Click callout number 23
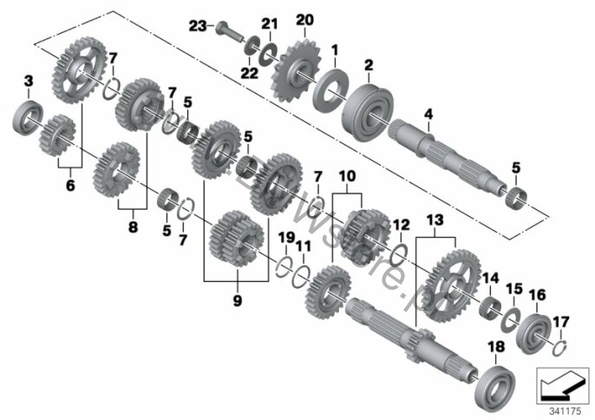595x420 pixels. tap(199, 27)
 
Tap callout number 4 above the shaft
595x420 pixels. tap(428, 114)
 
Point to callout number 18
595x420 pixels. tap(496, 347)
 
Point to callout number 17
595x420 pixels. tap(561, 322)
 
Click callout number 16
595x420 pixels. tap(537, 295)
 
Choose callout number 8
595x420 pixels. tap(134, 228)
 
